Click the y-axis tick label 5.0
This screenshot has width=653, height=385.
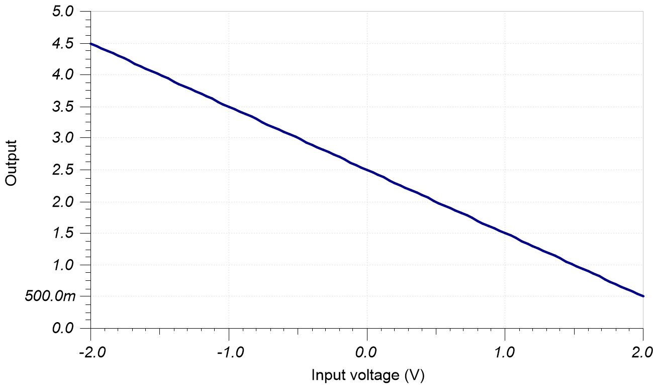tap(63, 11)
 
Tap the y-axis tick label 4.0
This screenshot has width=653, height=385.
tap(63, 74)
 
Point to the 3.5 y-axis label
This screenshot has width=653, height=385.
tap(63, 106)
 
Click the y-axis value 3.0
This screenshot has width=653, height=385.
tap(63, 138)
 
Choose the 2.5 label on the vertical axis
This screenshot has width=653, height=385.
tap(63, 170)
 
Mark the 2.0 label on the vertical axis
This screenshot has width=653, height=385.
tap(63, 201)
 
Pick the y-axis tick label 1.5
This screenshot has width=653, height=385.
tap(63, 233)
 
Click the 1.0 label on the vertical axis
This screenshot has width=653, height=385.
tap(63, 265)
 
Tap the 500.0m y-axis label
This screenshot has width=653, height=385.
tap(50, 296)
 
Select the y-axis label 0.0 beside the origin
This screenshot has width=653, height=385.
tap(63, 328)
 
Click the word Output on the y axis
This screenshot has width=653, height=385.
tap(11, 163)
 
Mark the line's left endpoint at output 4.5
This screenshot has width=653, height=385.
tap(91, 44)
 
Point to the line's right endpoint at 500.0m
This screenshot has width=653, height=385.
tap(643, 296)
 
